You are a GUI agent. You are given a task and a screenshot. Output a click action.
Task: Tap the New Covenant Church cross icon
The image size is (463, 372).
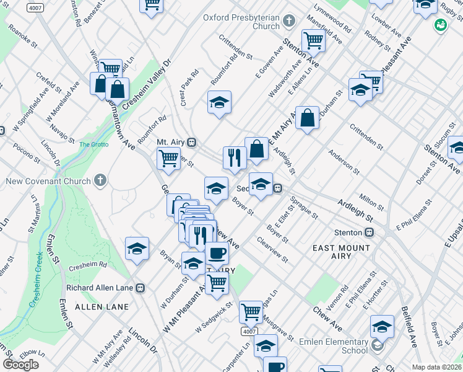click(100, 180)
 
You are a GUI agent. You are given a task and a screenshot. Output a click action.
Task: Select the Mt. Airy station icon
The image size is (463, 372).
click(192, 142)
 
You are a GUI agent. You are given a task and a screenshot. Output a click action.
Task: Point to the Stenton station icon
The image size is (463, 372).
click(369, 232)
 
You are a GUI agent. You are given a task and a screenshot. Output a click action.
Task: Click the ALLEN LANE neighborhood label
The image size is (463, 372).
click(102, 307)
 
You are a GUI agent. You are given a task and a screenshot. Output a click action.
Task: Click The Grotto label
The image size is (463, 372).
click(93, 144)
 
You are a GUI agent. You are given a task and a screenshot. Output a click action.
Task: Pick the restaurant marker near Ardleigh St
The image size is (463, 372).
click(234, 157)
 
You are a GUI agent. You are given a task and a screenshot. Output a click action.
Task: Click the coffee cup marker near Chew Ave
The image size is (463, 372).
click(217, 252)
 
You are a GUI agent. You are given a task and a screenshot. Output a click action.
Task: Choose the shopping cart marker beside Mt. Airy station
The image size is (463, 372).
click(168, 158)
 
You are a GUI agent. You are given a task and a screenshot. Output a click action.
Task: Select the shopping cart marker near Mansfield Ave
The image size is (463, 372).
click(314, 41)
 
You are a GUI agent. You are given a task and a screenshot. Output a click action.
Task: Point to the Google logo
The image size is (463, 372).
click(21, 365)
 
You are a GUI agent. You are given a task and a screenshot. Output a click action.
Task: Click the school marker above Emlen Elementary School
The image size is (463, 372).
click(382, 326)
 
